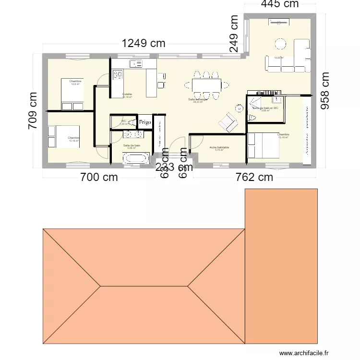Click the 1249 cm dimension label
(143, 43)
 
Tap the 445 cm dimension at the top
(280, 4)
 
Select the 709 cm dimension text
(33, 110)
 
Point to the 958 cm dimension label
(326, 91)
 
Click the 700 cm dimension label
(99, 177)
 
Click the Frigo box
(145, 122)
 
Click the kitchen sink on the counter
(135, 63)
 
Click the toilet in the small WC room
(114, 122)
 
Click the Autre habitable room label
(219, 148)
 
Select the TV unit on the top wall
(278, 22)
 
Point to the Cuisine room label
(127, 94)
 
